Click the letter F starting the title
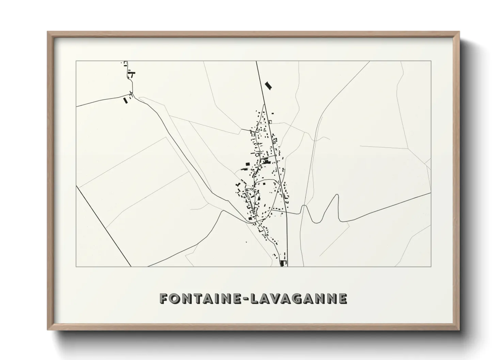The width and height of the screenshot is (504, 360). point(164,299)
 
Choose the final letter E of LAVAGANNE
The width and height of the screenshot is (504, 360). point(342,299)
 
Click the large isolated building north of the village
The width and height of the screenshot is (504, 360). point(269,86)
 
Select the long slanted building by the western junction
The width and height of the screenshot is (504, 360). point(125,100)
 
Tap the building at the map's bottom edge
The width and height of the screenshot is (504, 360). point(282,263)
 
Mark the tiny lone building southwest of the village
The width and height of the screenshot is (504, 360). point(246,242)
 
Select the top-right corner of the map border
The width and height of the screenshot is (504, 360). point(431,61)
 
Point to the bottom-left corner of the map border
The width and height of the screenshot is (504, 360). point(76,266)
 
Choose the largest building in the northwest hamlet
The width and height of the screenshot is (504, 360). point(131,72)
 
